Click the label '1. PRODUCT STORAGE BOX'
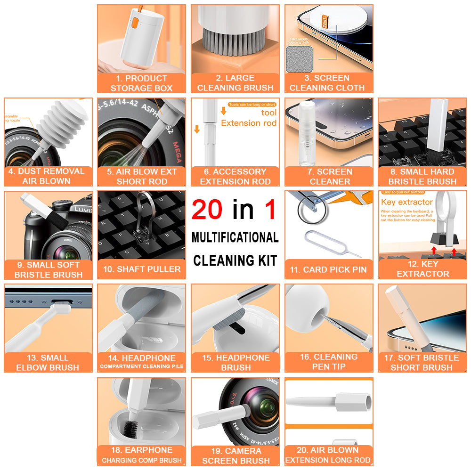point(141,83)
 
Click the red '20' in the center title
point(207,210)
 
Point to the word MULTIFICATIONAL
point(235,237)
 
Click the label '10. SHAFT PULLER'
point(142,269)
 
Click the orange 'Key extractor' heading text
point(406,202)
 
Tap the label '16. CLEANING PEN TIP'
point(329,362)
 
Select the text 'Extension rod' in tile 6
point(248,123)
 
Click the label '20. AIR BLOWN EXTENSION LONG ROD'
point(328,455)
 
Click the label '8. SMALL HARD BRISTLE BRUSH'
point(422,177)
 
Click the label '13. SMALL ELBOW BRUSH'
point(48,362)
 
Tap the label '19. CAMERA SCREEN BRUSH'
point(235,456)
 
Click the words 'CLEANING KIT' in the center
point(235,260)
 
